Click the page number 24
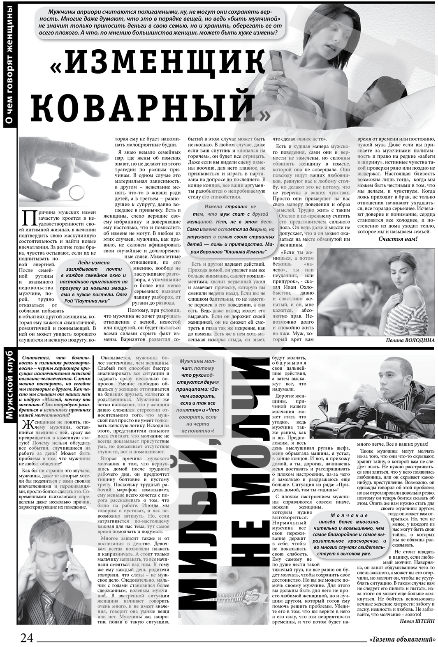tap(26, 638)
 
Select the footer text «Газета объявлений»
tap(403, 639)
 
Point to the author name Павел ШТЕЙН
tap(417, 622)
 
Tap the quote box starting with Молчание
tap(349, 534)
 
